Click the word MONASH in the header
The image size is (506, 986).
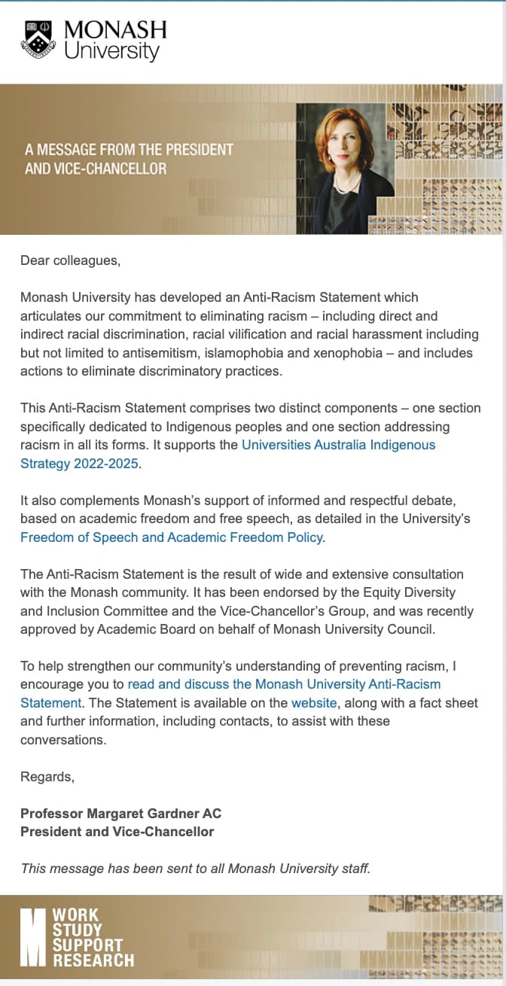click(x=115, y=30)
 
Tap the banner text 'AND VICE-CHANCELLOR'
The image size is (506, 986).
click(x=96, y=169)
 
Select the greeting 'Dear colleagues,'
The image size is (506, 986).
click(x=70, y=261)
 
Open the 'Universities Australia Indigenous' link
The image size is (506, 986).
click(x=338, y=445)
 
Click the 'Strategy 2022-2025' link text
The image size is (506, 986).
click(x=79, y=464)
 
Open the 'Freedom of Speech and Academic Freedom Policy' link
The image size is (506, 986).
click(x=172, y=537)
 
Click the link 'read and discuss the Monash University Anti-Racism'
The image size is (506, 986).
click(x=284, y=684)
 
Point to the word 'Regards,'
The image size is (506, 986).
click(x=47, y=776)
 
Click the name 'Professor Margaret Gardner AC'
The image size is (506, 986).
click(x=120, y=814)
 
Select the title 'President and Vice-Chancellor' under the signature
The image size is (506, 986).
click(x=117, y=832)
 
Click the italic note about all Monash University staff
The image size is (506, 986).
click(x=196, y=869)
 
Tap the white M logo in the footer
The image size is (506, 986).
click(x=33, y=937)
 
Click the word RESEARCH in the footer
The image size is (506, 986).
click(x=93, y=960)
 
